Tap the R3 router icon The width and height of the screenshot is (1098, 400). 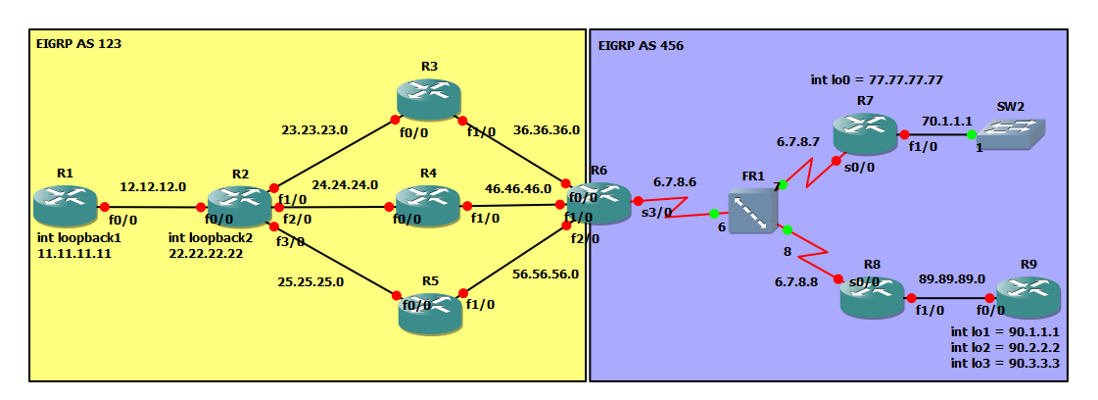(x=428, y=100)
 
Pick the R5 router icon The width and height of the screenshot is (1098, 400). (x=430, y=311)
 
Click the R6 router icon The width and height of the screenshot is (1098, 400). (x=599, y=203)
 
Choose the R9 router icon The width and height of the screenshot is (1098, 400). (x=1028, y=297)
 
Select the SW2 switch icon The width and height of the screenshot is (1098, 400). (x=1012, y=134)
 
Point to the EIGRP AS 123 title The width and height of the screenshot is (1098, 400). (x=78, y=44)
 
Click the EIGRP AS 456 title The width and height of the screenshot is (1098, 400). (x=641, y=45)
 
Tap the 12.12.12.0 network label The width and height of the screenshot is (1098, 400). (x=153, y=186)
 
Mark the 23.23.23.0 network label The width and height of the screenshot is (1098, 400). (x=315, y=128)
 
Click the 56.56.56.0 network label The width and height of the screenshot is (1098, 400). (x=546, y=275)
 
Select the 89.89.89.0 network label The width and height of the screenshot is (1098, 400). (x=952, y=278)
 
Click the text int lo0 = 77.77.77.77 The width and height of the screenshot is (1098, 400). (x=877, y=80)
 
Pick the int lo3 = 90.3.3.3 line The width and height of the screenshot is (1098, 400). (x=1005, y=363)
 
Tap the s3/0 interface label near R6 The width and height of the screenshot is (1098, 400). (x=656, y=211)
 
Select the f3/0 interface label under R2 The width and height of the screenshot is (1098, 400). (x=291, y=241)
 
